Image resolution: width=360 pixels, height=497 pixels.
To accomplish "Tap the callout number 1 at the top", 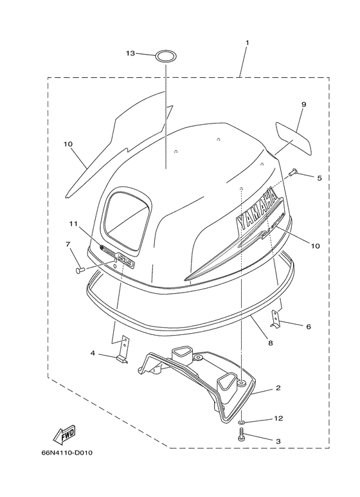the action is [x=248, y=42].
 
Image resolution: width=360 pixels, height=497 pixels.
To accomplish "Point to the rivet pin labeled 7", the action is [x=79, y=270].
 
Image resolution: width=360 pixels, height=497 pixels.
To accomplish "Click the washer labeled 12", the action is [x=242, y=422].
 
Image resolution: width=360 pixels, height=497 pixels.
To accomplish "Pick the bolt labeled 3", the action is [x=241, y=434].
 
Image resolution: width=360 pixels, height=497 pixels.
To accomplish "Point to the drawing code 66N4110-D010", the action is [x=67, y=453].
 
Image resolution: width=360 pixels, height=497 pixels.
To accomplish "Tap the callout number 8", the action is [x=270, y=343].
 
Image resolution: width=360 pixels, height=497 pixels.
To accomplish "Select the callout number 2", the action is [x=278, y=388].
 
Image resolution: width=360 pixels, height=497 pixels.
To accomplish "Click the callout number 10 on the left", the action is [x=67, y=144].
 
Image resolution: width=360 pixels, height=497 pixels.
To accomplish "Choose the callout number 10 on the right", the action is [x=315, y=246].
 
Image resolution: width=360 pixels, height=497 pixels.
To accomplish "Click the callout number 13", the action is [x=130, y=53].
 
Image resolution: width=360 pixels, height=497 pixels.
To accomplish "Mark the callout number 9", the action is [x=303, y=104].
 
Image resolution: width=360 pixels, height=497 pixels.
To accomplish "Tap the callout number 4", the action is [x=93, y=353].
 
